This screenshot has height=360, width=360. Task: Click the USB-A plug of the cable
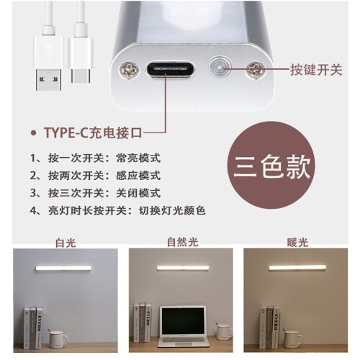48,63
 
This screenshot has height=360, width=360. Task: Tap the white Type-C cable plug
81,60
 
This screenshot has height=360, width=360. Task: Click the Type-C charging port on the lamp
170,69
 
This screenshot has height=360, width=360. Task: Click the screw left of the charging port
129,71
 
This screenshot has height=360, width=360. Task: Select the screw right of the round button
256,70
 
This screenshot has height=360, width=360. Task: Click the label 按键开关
316,70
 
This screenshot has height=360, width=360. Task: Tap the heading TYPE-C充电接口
93,132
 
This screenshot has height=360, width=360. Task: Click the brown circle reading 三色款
271,165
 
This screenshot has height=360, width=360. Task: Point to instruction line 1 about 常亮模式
95,158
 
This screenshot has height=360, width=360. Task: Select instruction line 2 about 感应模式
95,176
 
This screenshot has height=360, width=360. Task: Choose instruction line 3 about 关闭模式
95,193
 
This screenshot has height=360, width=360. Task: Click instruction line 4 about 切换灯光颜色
118,211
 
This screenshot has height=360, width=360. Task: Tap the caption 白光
66,243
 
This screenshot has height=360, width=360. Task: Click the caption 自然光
182,242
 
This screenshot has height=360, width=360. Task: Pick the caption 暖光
297,243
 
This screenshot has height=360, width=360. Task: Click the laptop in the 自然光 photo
184,326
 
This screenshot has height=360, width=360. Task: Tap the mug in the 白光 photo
58,339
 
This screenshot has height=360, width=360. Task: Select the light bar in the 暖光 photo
297,268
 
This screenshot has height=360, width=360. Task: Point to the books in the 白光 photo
33,328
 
